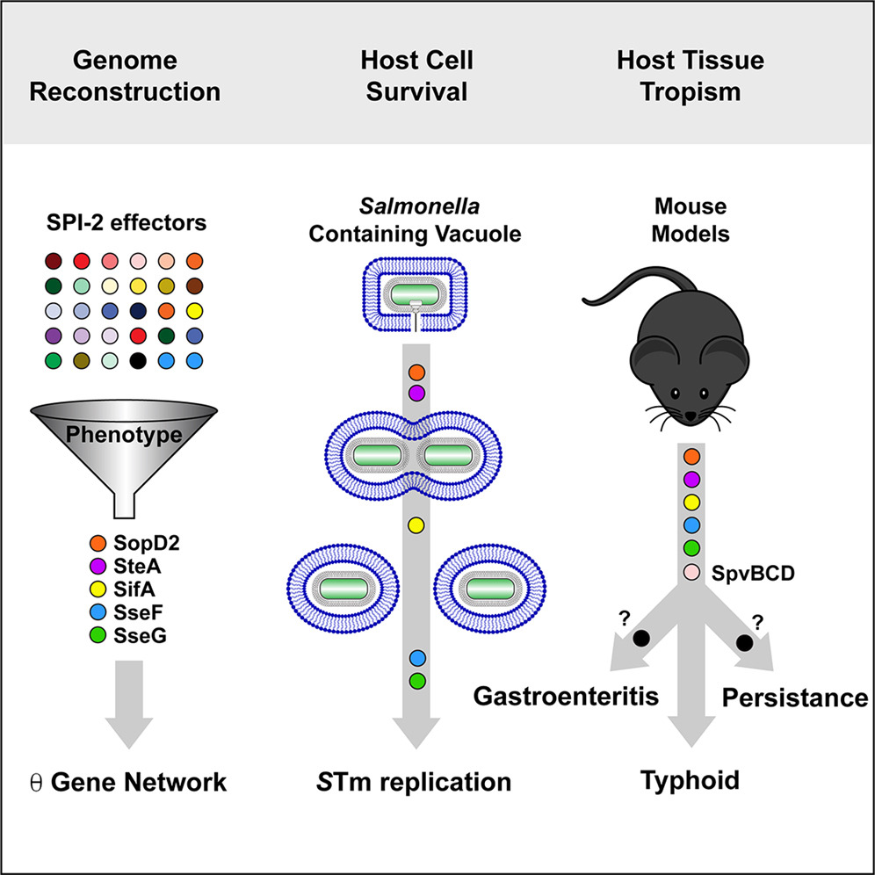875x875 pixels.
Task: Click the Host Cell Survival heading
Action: pos(417,76)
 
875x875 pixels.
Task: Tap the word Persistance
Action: pos(794,698)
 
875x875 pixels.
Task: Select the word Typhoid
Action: pos(689,780)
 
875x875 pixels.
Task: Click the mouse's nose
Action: pos(689,413)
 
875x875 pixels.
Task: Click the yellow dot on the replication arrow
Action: pos(416,525)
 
